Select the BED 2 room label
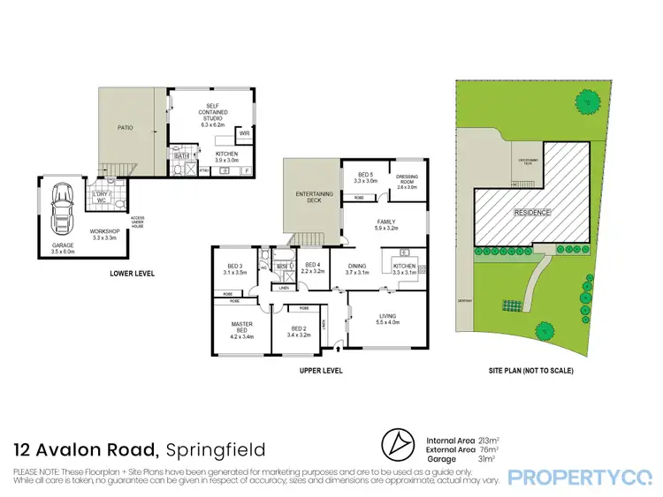(x=300, y=328)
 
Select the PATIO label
(x=126, y=128)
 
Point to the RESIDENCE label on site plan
(x=532, y=213)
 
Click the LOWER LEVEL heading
(x=133, y=274)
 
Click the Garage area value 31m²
(x=484, y=457)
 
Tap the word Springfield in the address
(x=215, y=451)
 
